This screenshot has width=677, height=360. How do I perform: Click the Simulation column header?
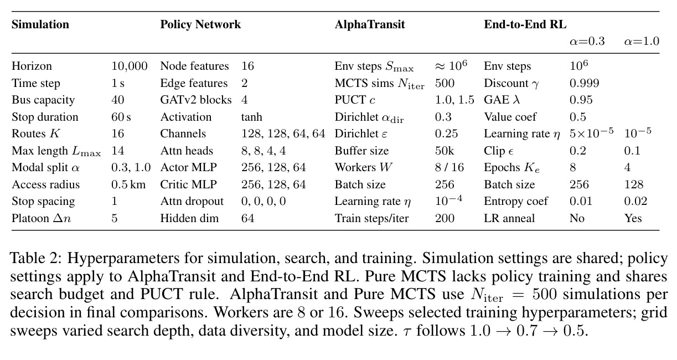pos(40,24)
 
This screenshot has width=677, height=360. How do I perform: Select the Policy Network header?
pos(200,24)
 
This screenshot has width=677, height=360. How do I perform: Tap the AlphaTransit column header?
pos(370,24)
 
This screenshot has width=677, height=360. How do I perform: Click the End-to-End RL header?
pos(525,24)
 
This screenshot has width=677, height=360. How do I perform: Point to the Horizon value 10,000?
pos(130,66)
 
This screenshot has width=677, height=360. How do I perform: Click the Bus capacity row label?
pos(43,100)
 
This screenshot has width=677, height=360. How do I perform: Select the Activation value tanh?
pos(252,117)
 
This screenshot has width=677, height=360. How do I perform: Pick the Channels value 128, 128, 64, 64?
pos(283,133)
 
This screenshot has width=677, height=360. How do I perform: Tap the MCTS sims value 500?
pos(445,83)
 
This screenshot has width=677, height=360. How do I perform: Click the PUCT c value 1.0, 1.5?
pos(454,100)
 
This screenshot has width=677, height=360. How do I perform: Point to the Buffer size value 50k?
pos(445,151)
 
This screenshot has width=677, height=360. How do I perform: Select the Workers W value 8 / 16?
pos(449,167)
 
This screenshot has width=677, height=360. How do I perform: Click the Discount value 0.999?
pos(584,83)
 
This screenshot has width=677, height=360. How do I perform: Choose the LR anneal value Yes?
pos(633,218)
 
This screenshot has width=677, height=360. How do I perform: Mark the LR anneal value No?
pos(577,218)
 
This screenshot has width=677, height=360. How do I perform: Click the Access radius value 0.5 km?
pos(128,184)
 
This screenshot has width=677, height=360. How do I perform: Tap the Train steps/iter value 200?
pos(445,218)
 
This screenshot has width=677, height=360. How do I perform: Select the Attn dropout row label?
pos(192,201)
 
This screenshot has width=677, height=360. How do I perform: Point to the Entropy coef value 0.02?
pos(635,201)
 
